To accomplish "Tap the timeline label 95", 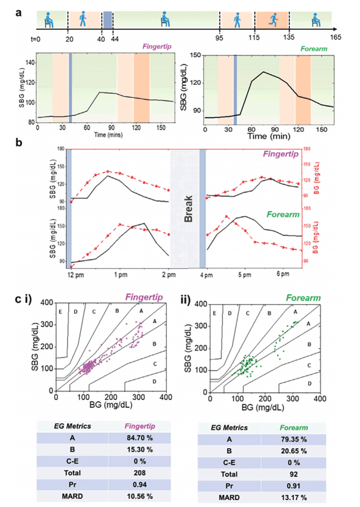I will pos(219,38).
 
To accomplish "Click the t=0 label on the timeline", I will pos(35,39).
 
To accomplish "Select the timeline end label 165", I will pos(335,37).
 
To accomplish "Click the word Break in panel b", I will pos(188,209).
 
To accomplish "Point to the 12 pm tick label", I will pos(75,275).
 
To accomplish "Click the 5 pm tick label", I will pos(244,275).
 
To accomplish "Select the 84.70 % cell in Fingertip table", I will pos(139,438).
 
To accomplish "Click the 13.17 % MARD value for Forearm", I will pos(294,498).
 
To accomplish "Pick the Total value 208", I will pos(139,473).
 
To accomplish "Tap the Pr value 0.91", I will pos(294,486).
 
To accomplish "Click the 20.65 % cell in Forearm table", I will pos(294,451).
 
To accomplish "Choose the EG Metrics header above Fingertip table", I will pos(72,426).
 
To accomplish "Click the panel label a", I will pos(18,13).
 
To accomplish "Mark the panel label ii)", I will pos(185,300).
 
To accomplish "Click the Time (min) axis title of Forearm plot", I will pos(268,136).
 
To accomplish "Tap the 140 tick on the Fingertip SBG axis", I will pos(30,63).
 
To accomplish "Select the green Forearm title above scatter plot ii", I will pos(303,298).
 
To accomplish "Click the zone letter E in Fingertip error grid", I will pos(60,312).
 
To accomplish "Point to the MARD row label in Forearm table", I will pos(229,498).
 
